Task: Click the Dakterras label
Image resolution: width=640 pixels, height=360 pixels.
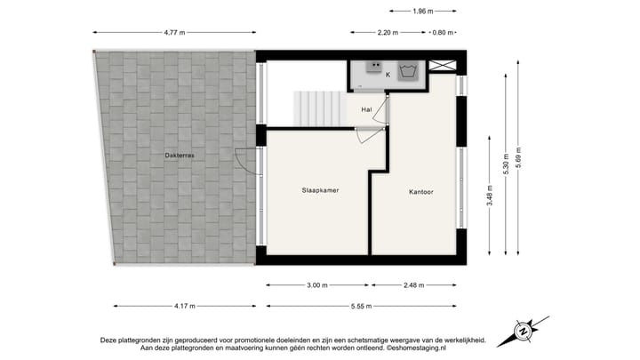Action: point(180,156)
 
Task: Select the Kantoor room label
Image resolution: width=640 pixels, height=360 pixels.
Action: point(421,191)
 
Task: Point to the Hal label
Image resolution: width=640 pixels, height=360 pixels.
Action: point(366,109)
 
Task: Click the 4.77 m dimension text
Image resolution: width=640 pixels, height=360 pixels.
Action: point(175,33)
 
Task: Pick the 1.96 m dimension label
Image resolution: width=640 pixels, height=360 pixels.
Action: point(423,12)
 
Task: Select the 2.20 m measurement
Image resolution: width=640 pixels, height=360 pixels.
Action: point(388,33)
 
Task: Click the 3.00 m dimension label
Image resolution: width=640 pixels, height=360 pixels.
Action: point(318,285)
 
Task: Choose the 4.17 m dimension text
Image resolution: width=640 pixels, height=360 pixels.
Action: point(184,307)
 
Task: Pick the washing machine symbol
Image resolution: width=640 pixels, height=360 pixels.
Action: point(409,71)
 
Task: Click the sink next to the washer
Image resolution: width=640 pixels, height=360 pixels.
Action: point(374,66)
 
